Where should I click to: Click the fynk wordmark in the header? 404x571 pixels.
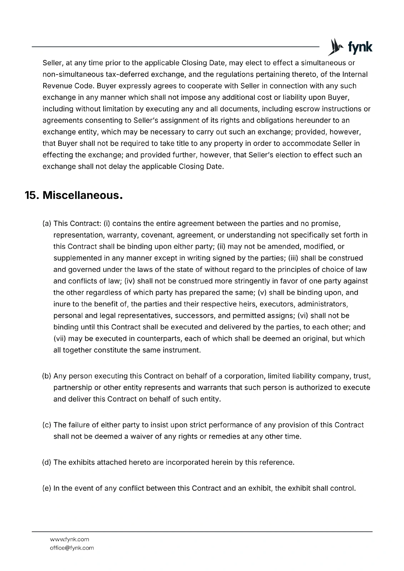coord(360,47)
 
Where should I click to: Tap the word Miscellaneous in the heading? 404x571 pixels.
coord(83,196)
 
